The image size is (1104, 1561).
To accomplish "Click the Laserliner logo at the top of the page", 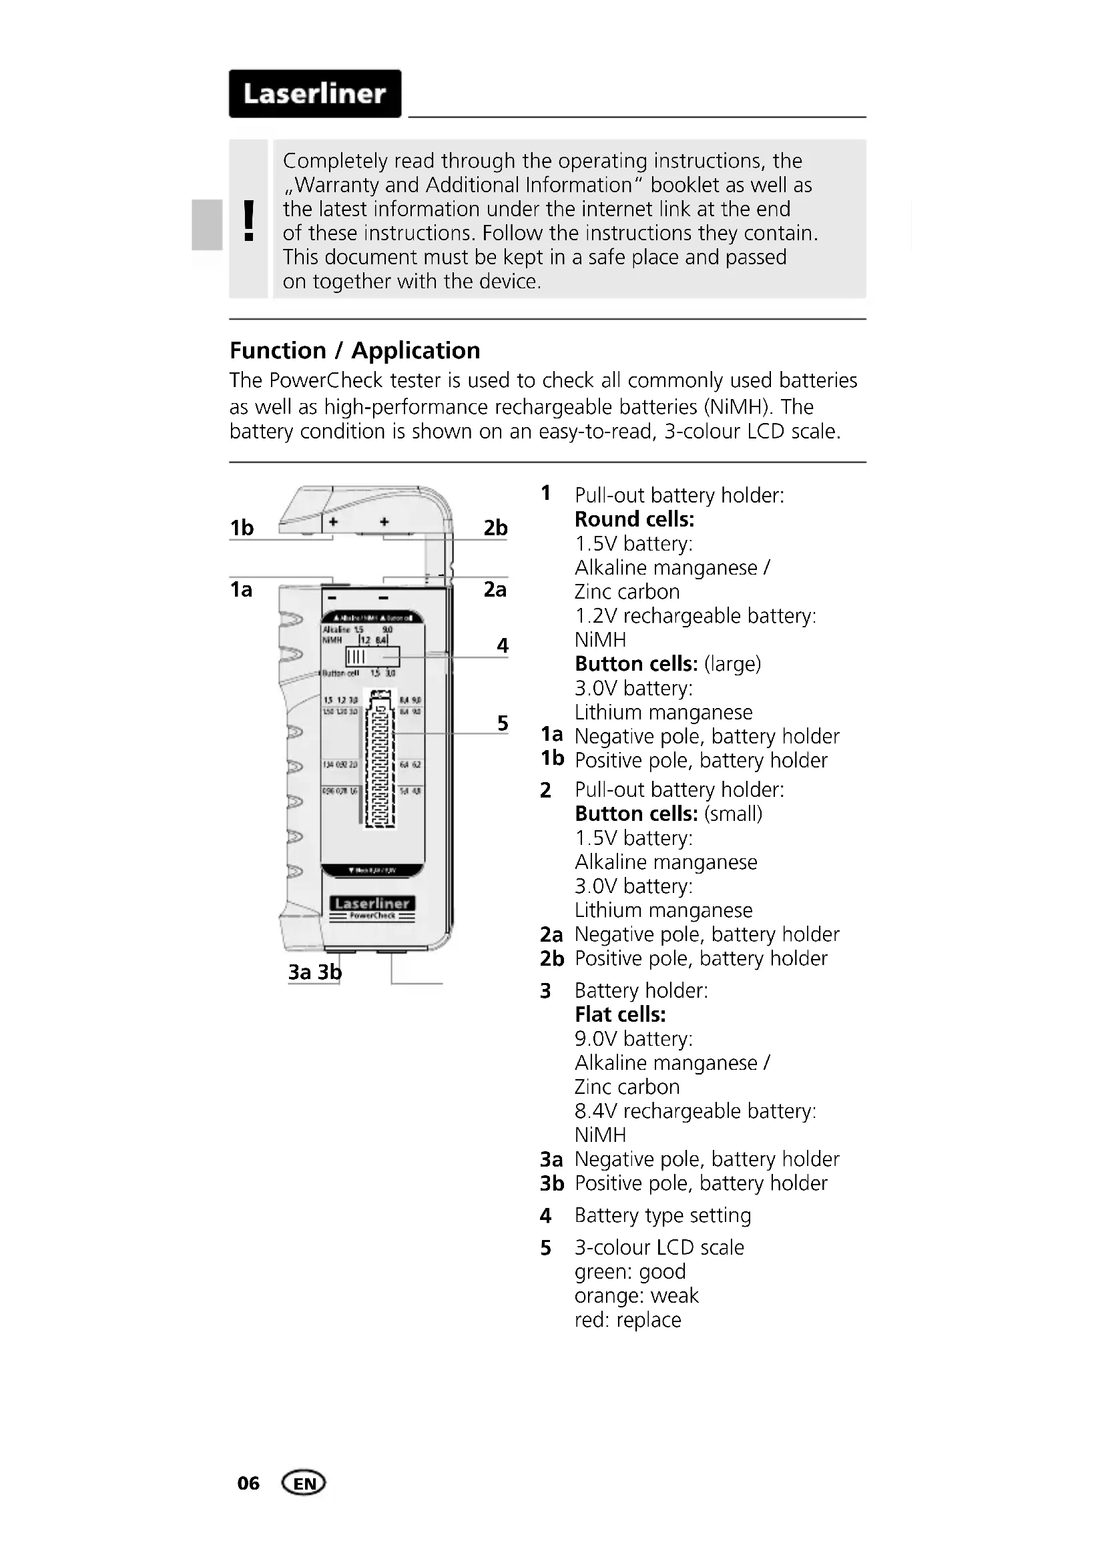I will pos(315,94).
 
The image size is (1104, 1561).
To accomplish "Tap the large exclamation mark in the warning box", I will pos(249,220).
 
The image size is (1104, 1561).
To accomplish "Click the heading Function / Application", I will pos(354,351).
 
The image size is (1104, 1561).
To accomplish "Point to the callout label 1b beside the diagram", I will pos(242,528).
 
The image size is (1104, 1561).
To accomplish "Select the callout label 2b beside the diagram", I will pos(495,528).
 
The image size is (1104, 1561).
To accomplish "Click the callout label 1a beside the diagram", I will pos(242,589).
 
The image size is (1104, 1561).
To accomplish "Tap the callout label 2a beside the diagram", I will pos(495,589).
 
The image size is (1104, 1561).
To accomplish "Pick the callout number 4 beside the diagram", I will pos(503,645).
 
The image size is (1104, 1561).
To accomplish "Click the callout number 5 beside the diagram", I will pos(503,723).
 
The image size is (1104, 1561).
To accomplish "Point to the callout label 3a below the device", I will pos(300,972).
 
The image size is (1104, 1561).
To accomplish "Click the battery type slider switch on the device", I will pos(372,657).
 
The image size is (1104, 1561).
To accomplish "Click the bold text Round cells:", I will pos(634,519).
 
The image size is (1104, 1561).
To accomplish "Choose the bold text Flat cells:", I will pos(620,1014).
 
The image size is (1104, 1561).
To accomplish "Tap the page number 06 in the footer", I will pos(248,1483).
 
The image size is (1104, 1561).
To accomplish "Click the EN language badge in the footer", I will pos(304,1483).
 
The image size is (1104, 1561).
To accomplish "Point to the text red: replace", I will pos(627,1319).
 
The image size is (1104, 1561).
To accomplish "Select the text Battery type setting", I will pos(663,1215).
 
